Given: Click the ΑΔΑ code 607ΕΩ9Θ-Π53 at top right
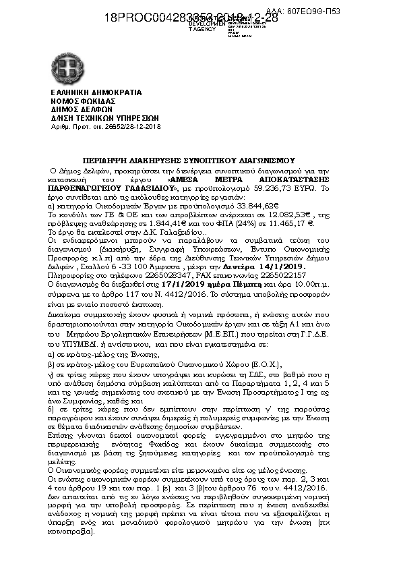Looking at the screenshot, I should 369,12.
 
